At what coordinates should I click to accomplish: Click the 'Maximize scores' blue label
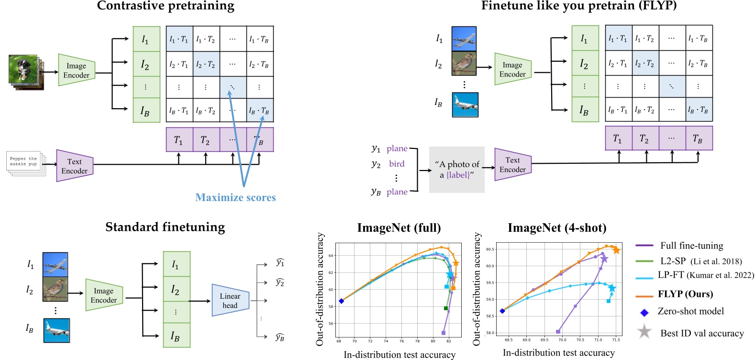point(235,197)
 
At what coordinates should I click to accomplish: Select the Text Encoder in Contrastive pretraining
point(75,166)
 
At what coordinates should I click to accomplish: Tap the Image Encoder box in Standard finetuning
point(104,295)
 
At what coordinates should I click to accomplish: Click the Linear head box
point(230,301)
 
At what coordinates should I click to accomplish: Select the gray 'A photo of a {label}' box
point(456,169)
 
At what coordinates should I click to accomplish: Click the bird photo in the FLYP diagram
point(464,64)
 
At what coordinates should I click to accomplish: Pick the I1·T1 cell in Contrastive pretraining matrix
point(179,39)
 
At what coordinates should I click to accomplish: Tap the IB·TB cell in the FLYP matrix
point(699,110)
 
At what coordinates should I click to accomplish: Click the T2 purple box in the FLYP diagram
point(645,138)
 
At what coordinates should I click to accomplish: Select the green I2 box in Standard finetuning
point(176,290)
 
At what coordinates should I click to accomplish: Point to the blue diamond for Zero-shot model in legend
point(644,313)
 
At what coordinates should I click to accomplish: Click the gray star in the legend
point(644,331)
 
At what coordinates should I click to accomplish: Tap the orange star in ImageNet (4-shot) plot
point(617,250)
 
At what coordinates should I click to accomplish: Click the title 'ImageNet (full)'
point(399,228)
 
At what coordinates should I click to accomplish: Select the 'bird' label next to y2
point(397,164)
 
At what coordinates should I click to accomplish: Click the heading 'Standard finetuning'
point(165,227)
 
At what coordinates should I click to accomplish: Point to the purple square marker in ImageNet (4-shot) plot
point(558,331)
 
